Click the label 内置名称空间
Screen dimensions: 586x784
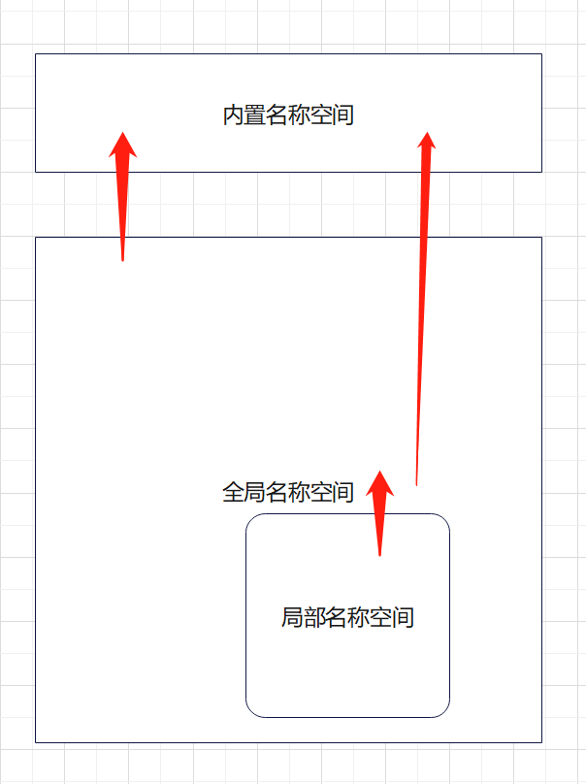coord(288,116)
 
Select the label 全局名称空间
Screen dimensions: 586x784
coord(288,492)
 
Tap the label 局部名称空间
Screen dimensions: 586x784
coord(347,617)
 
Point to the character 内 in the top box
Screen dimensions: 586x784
coord(234,116)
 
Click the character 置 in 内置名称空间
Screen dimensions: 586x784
coord(255,116)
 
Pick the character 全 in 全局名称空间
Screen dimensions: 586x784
coord(233,492)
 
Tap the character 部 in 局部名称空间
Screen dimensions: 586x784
coord(314,617)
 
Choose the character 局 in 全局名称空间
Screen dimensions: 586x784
coord(255,492)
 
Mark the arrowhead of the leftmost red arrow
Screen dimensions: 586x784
coord(122,143)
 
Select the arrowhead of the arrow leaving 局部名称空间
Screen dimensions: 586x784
coord(380,482)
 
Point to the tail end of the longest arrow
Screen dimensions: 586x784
coord(416,483)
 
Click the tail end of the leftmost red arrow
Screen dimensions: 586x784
coord(122,260)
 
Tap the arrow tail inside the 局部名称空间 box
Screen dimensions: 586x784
coord(379,555)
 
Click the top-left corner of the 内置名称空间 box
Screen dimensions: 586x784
coord(36,54)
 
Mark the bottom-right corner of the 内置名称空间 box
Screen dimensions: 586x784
coord(541,172)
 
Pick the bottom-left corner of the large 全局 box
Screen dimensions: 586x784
coord(36,742)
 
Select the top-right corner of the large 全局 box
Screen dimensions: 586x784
coord(541,237)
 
